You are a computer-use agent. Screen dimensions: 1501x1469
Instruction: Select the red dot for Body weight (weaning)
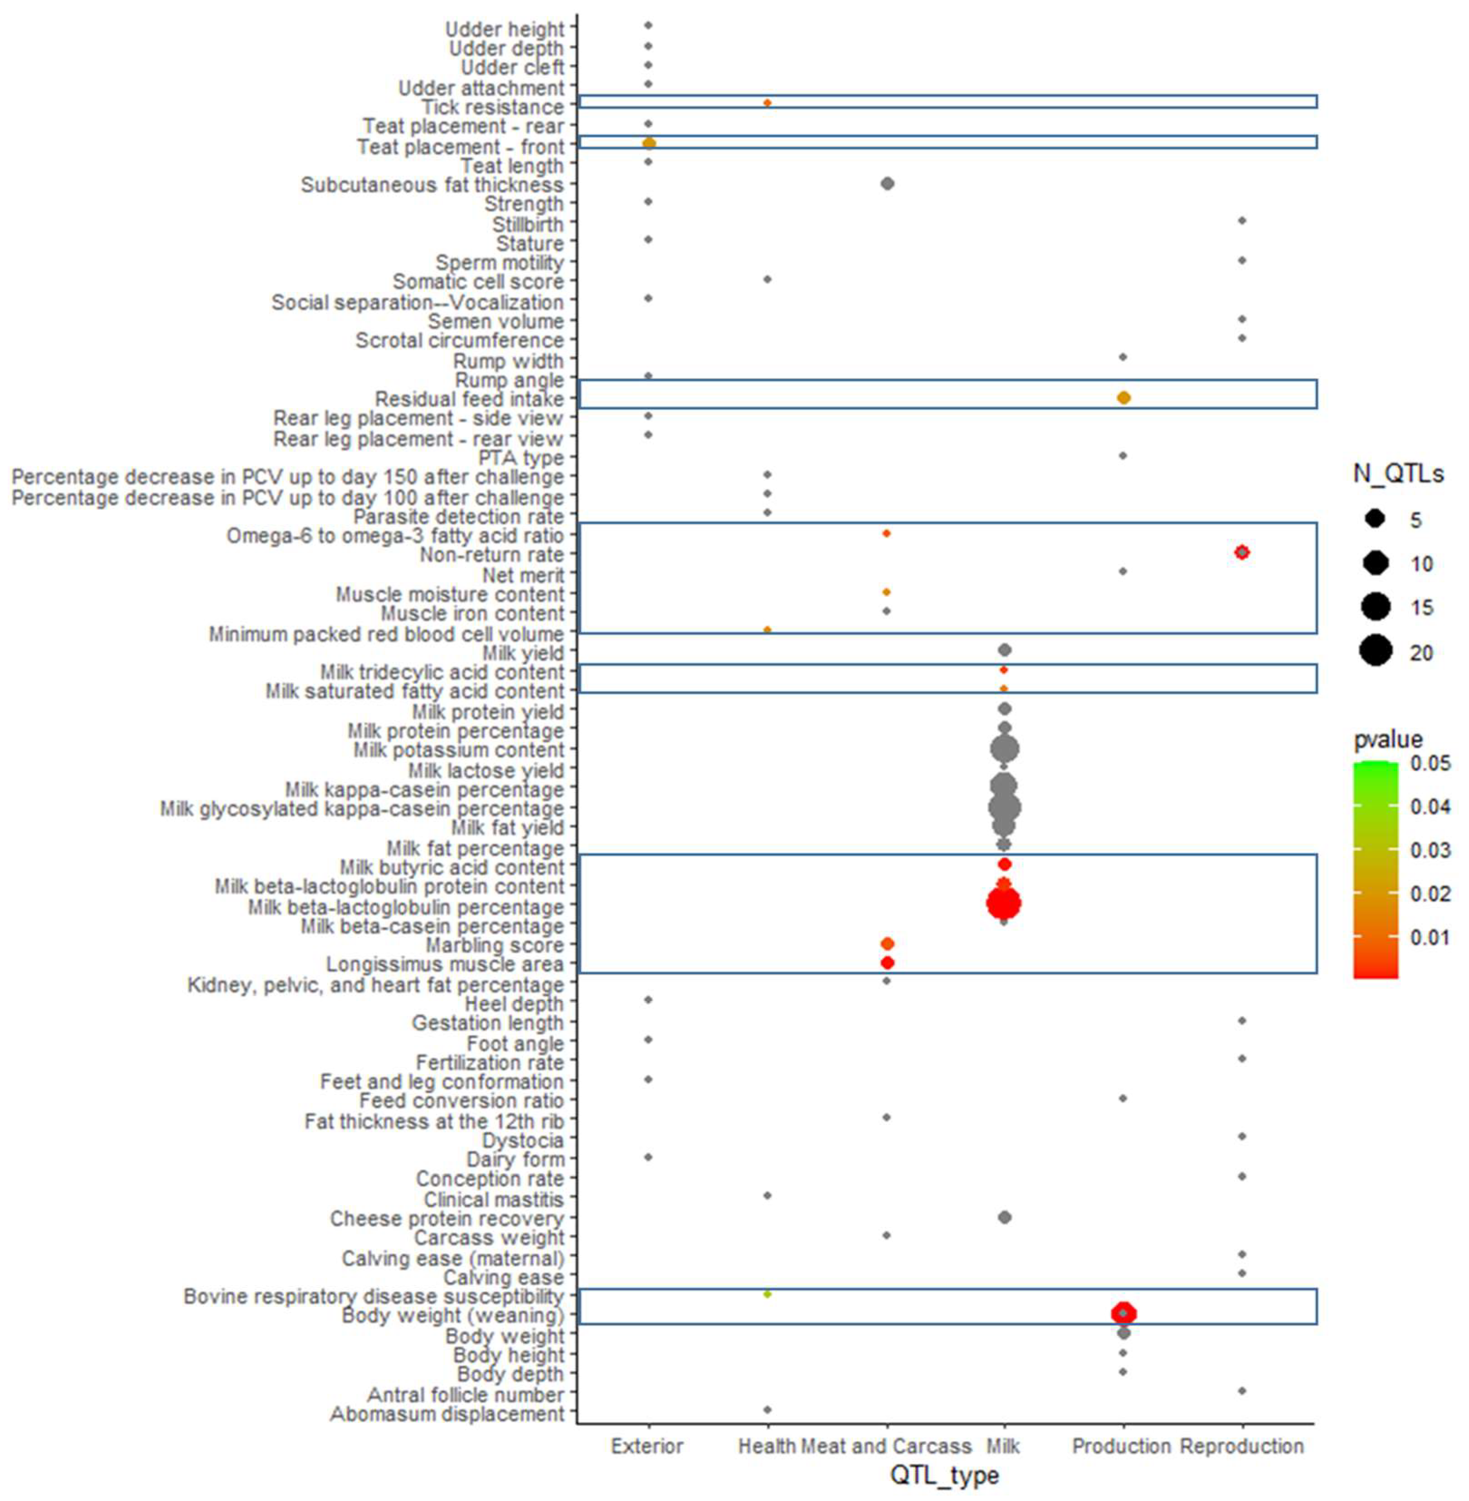point(1124,1313)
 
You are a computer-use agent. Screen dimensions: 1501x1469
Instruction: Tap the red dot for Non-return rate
point(1241,552)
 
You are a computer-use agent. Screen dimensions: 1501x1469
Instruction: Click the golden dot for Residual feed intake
point(1124,397)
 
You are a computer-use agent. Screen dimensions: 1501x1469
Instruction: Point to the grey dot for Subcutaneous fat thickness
point(887,184)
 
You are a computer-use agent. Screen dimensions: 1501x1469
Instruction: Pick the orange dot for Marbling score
point(887,944)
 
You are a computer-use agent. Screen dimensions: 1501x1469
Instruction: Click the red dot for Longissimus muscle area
point(887,963)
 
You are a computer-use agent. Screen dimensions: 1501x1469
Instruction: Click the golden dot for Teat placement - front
point(649,143)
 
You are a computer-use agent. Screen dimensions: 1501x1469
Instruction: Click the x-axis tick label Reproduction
point(1241,1446)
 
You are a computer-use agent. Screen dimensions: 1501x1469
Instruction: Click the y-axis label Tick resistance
point(492,107)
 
